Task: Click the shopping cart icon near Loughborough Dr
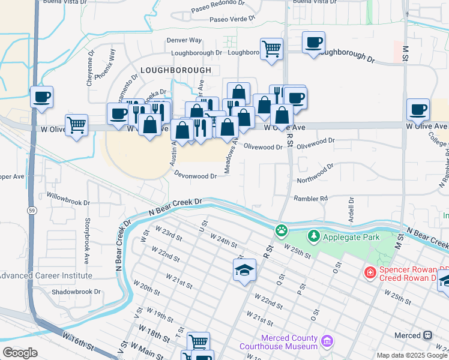pos(272,49)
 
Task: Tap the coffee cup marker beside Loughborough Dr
pos(313,43)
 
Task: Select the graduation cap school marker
pos(245,271)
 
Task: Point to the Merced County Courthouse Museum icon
pos(327,341)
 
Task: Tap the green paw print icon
pos(282,230)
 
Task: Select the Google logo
pos(20,352)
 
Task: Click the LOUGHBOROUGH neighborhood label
pos(175,70)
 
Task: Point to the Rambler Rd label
pos(310,199)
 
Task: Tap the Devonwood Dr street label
pos(195,176)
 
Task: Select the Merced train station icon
pos(428,335)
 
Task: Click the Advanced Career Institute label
pos(46,275)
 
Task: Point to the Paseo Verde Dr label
pos(232,19)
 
